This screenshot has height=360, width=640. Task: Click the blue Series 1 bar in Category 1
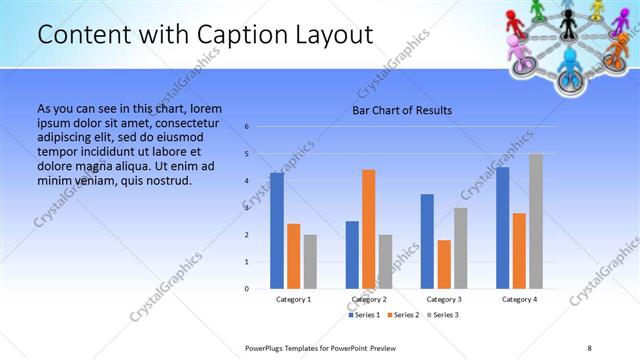click(276, 231)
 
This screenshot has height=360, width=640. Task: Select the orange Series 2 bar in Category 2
click(369, 229)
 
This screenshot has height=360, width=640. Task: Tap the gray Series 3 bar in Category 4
click(536, 221)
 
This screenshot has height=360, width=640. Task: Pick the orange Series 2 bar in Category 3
click(444, 264)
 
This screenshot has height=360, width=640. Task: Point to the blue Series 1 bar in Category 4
click(502, 228)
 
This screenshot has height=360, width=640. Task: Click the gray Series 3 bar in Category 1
click(310, 262)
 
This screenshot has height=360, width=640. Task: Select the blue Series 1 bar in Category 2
click(352, 255)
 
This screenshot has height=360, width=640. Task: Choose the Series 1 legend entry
click(364, 315)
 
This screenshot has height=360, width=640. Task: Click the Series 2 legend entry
click(402, 315)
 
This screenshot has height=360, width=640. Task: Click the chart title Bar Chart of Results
click(402, 110)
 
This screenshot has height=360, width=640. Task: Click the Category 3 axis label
click(444, 299)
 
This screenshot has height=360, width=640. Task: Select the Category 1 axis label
click(293, 299)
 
